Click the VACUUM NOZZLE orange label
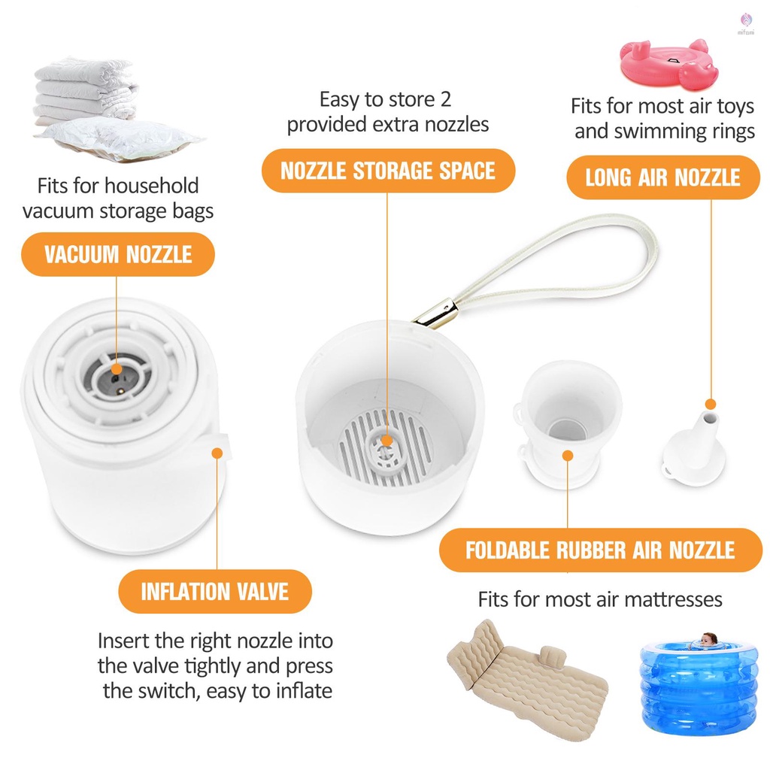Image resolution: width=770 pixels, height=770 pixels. pos(118,254)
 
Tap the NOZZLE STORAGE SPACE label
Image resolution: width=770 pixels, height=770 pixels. pos(388,171)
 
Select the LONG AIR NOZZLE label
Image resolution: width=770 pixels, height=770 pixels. pos(663,177)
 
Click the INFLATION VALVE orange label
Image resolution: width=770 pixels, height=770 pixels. pos(215,591)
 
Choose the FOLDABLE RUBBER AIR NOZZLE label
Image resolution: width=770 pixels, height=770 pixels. pos(600,550)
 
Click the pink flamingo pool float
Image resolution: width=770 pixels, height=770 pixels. pos(669,65)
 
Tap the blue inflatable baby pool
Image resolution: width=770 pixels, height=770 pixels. pos(699,685)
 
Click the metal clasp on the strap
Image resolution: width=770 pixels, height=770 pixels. pos(435,314)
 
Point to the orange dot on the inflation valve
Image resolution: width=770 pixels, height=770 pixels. pos(217,452)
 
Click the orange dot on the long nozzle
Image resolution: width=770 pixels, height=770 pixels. pos(711,405)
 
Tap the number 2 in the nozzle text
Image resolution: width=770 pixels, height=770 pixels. pos(445,99)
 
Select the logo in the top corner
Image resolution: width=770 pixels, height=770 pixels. pos(746,23)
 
